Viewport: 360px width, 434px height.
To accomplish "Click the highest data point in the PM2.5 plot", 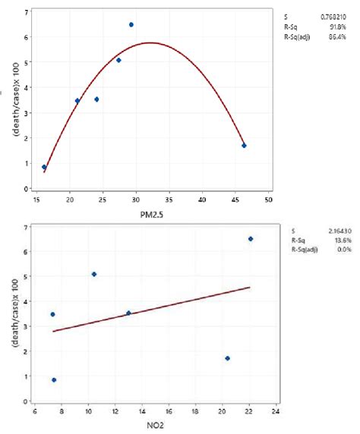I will [131, 24].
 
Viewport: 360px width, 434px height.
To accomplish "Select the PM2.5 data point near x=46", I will [244, 145].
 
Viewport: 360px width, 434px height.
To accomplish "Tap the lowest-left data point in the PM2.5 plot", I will [44, 167].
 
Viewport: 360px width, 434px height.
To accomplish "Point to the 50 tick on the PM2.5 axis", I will [268, 200].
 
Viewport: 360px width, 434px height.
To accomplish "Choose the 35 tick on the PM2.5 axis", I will [169, 200].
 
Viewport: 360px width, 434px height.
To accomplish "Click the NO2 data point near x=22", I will [251, 238].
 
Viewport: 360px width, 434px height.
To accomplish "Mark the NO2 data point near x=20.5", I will [227, 358].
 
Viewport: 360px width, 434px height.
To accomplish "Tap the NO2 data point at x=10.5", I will [94, 274].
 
